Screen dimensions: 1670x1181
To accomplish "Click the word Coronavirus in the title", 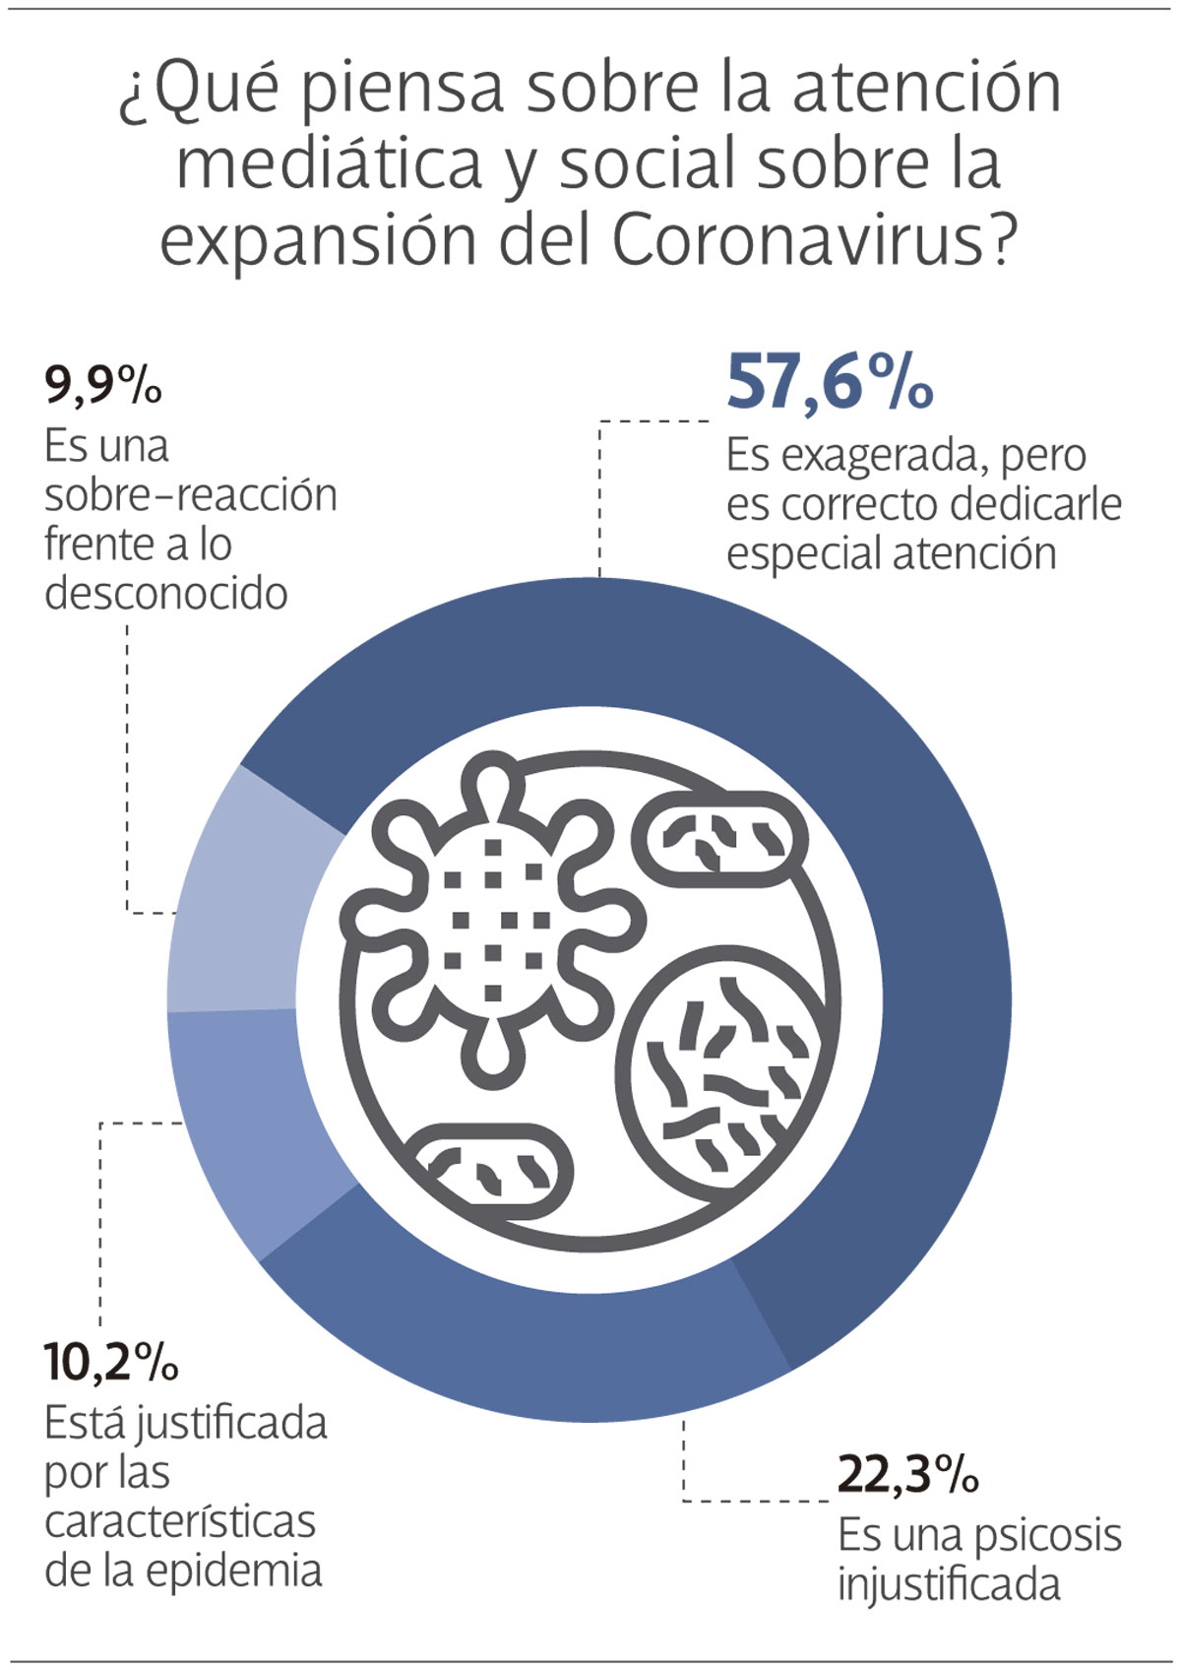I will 797,239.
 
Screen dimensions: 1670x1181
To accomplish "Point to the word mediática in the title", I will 329,163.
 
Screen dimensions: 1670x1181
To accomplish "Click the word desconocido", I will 165,594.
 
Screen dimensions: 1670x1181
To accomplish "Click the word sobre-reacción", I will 190,495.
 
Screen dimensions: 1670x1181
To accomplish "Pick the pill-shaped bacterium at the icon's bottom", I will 489,1172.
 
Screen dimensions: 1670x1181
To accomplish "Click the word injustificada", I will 949,1585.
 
